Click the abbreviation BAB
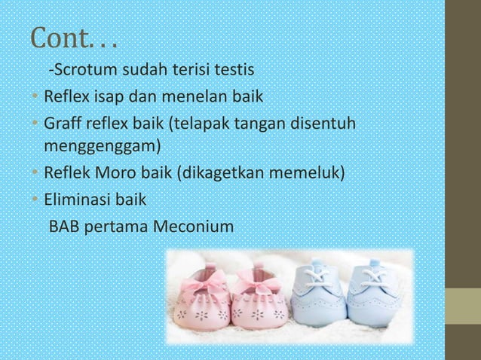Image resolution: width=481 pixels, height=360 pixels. [64, 225]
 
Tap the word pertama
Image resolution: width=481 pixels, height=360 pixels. [115, 226]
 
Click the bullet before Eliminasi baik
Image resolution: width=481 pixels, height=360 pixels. [35, 200]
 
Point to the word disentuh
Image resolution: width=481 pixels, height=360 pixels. [329, 122]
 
